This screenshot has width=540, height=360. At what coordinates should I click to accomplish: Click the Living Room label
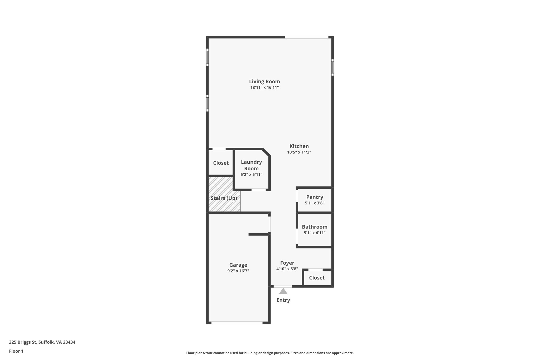(264, 81)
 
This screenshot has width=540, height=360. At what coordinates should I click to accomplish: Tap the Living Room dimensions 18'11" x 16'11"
(264, 88)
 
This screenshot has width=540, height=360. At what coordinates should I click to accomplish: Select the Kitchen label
(299, 146)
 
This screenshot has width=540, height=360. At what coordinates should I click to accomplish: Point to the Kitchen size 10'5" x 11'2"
(299, 152)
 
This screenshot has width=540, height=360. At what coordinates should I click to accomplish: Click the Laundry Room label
(251, 165)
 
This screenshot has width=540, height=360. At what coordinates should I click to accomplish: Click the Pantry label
(315, 197)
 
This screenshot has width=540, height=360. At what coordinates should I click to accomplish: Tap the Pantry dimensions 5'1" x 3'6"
(315, 203)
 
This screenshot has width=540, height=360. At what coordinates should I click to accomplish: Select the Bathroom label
(315, 227)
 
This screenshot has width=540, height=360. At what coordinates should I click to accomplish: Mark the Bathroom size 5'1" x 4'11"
(315, 233)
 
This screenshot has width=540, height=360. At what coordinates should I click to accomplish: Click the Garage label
(238, 265)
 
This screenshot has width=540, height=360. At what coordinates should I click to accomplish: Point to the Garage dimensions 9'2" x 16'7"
(238, 271)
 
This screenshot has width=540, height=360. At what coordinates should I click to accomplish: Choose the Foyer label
(287, 263)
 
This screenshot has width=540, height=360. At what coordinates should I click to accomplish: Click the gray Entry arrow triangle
(283, 291)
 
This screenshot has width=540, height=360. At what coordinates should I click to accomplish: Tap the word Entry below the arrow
(283, 300)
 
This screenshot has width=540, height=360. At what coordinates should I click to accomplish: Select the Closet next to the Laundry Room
(221, 163)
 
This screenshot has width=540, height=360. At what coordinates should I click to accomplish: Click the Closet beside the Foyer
(317, 278)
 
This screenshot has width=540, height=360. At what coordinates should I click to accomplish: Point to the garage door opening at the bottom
(237, 323)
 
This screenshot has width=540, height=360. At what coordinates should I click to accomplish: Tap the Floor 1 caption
(16, 351)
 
